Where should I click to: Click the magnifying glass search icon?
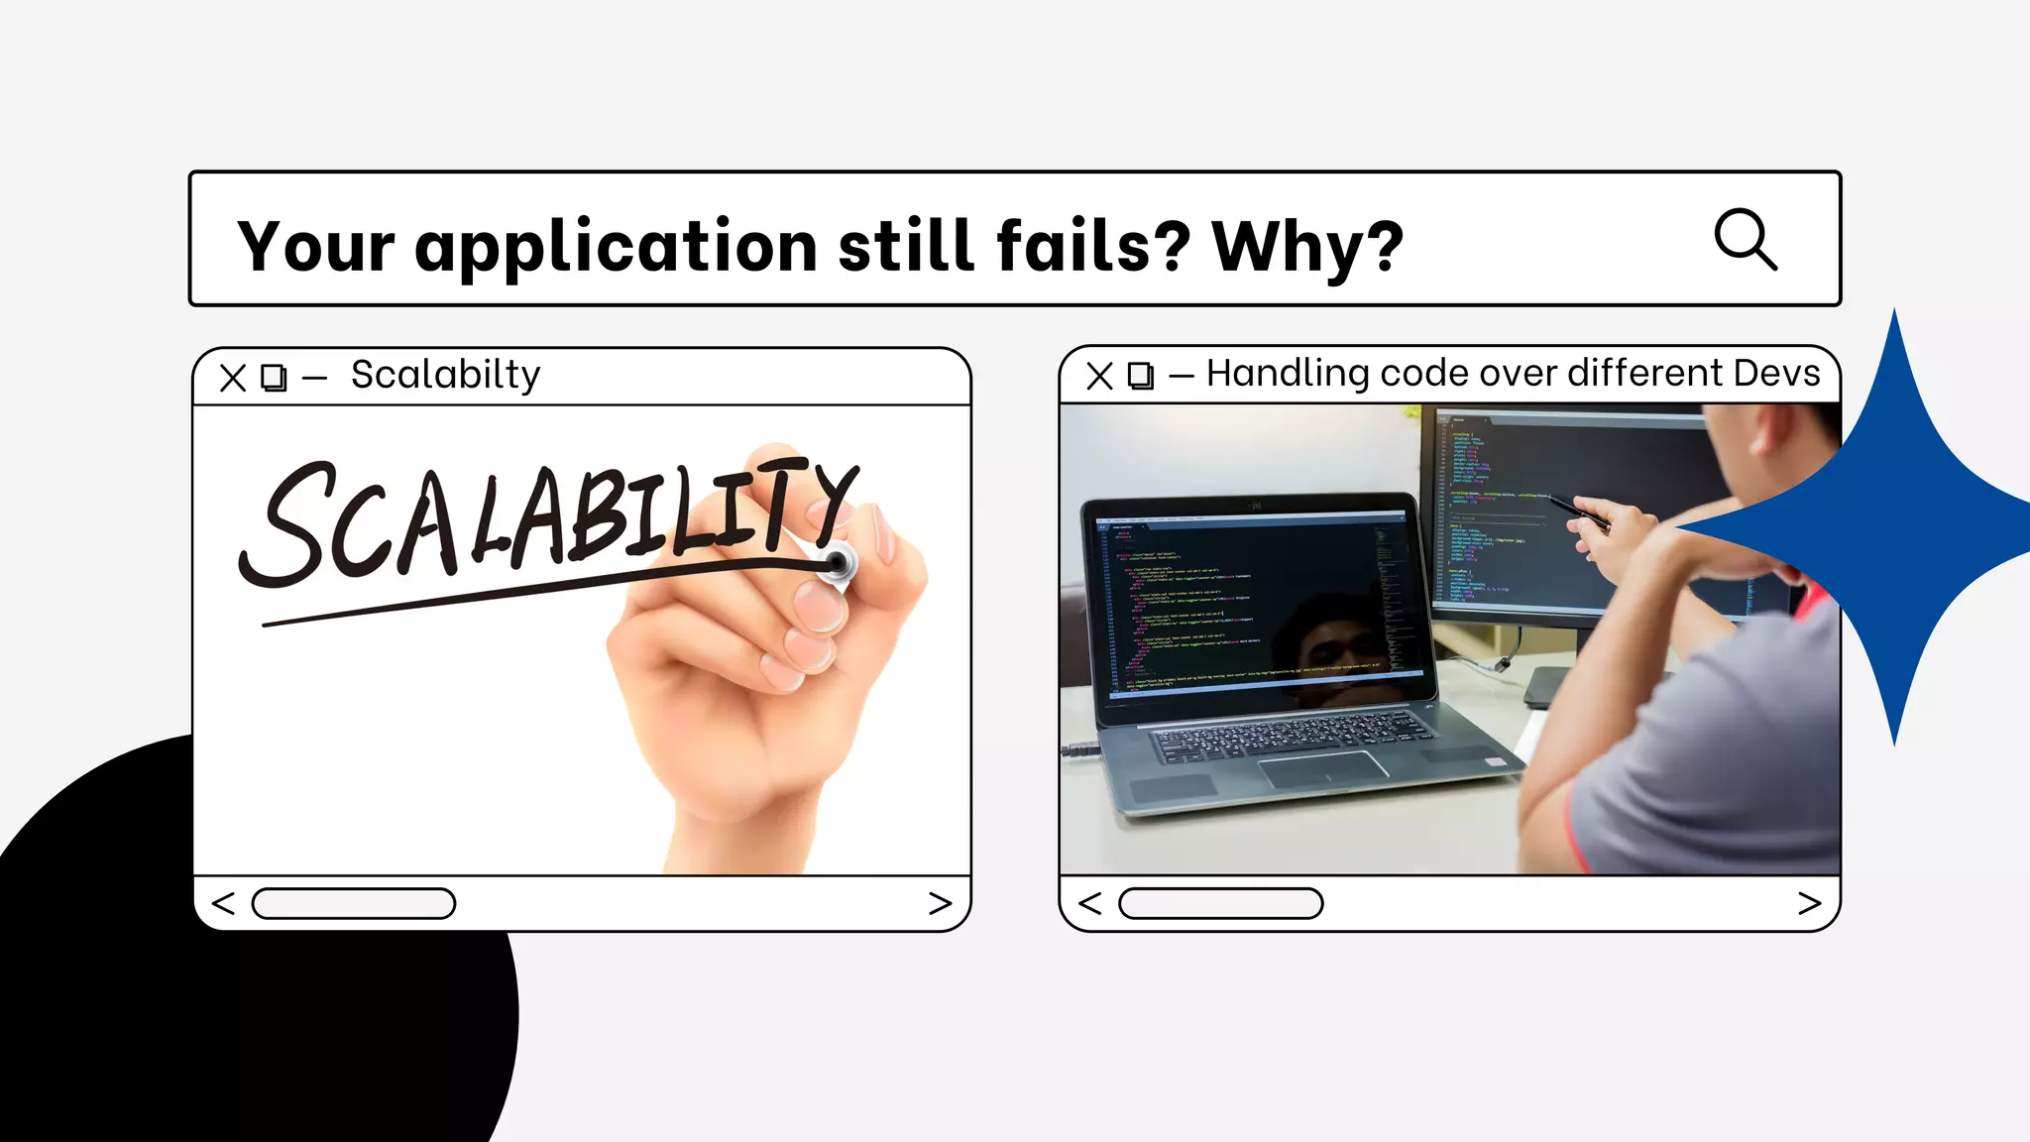click(x=1745, y=239)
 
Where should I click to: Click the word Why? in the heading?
click(x=1306, y=247)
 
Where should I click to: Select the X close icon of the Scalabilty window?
click(x=233, y=378)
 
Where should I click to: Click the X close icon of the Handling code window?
click(x=1099, y=376)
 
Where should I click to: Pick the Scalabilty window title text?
click(x=445, y=375)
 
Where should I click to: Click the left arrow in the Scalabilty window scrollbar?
click(x=224, y=903)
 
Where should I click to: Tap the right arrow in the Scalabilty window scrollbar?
click(x=940, y=903)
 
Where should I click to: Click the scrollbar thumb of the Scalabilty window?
click(x=354, y=903)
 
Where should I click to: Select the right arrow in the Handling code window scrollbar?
click(x=1809, y=903)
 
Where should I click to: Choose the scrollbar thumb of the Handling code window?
click(x=1220, y=903)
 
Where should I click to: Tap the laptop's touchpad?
click(x=1322, y=769)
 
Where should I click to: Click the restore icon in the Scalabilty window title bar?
click(x=274, y=378)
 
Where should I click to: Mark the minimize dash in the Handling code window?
click(x=1181, y=377)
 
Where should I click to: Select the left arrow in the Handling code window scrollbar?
click(x=1090, y=903)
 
